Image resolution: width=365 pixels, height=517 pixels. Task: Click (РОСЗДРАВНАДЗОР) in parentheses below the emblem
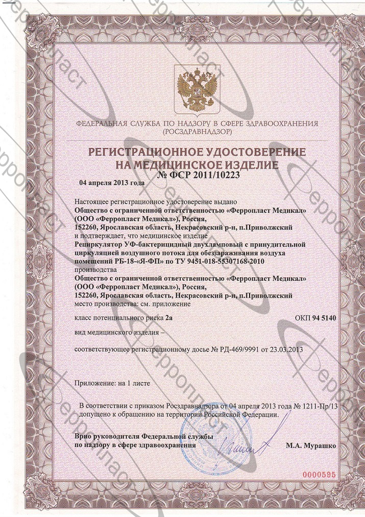click(197, 132)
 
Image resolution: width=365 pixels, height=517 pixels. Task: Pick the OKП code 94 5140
click(327, 318)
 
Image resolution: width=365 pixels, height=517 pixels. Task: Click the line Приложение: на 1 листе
click(113, 382)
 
